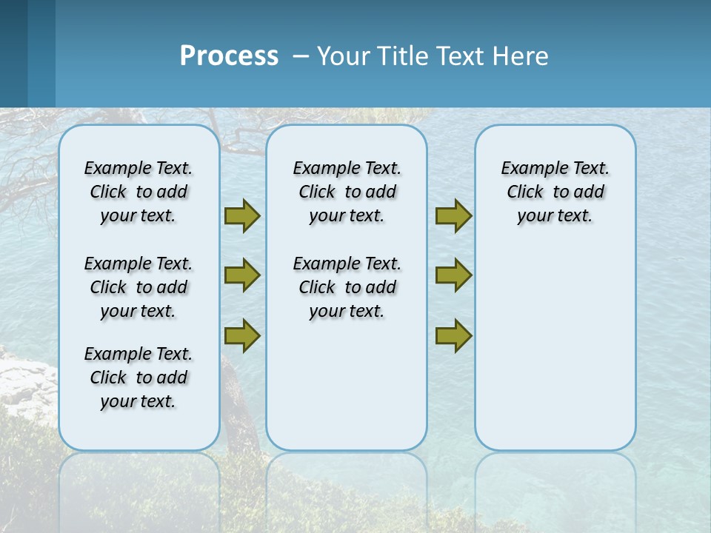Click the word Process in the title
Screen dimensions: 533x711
pos(229,56)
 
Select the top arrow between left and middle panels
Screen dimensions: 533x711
pos(242,216)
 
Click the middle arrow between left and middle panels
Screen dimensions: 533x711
pos(242,275)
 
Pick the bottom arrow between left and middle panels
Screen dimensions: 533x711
pos(242,335)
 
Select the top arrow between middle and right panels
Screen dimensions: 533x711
pos(453,216)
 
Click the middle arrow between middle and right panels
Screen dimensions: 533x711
pos(453,275)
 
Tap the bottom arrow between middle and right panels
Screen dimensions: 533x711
pos(453,335)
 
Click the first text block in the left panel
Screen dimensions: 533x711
pos(138,192)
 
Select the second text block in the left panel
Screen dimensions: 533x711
pos(138,287)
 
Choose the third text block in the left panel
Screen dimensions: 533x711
pos(138,378)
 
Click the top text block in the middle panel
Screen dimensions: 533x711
pos(347,192)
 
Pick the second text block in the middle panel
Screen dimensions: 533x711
pos(347,287)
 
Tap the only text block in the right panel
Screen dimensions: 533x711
pos(555,192)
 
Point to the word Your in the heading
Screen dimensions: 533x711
pos(344,56)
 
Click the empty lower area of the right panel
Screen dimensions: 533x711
pos(555,355)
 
